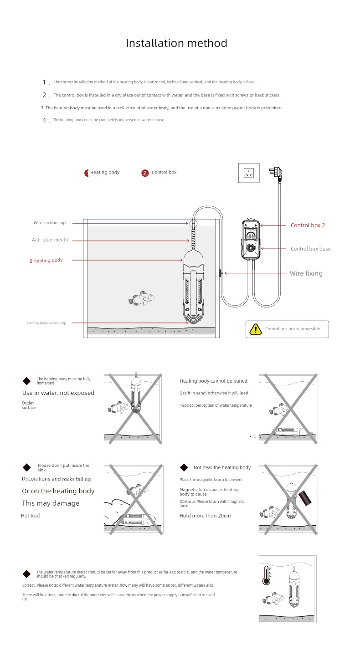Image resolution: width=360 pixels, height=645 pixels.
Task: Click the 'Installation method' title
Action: (x=176, y=43)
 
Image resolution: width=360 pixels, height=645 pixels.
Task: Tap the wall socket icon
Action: (x=249, y=173)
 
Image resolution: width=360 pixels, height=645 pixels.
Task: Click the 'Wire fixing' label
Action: (x=306, y=273)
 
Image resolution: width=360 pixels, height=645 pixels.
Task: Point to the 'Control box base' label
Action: (x=310, y=249)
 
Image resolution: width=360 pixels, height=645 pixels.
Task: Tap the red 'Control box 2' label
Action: (x=308, y=225)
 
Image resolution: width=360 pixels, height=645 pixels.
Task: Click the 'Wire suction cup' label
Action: (x=49, y=223)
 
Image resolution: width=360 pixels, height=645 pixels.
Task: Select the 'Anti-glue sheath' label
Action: (x=50, y=240)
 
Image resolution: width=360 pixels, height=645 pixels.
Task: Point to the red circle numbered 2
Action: (x=145, y=173)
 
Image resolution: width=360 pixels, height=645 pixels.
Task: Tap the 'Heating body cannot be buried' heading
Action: (x=213, y=381)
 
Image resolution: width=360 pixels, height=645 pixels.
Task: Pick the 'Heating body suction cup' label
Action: (x=46, y=323)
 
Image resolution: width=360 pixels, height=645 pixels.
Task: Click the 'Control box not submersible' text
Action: (x=293, y=329)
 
